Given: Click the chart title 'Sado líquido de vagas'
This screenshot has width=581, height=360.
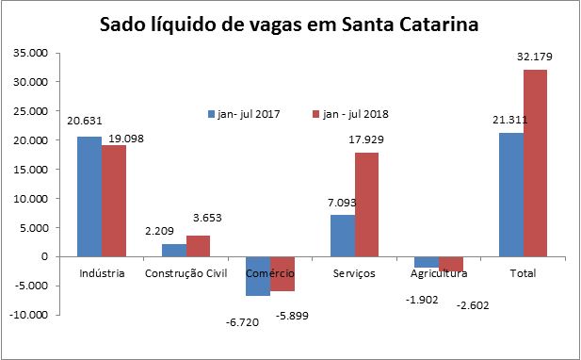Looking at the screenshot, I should pyautogui.click(x=290, y=25).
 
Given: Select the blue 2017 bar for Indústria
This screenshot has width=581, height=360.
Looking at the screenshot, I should pyautogui.click(x=89, y=196).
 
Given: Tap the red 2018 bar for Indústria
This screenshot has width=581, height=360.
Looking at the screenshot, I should pyautogui.click(x=114, y=201).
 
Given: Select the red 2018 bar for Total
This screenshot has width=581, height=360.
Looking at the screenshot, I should pyautogui.click(x=535, y=162).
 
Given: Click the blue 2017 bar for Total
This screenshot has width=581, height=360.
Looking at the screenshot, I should pyautogui.click(x=510, y=194).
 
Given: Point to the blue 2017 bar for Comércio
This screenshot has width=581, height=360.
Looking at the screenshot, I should pyautogui.click(x=258, y=276).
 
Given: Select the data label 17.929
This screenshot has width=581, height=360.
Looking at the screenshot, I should pyautogui.click(x=366, y=139).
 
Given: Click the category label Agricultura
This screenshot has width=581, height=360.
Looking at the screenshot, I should pyautogui.click(x=439, y=273).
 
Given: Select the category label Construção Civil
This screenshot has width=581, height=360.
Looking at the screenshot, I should pyautogui.click(x=186, y=273).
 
